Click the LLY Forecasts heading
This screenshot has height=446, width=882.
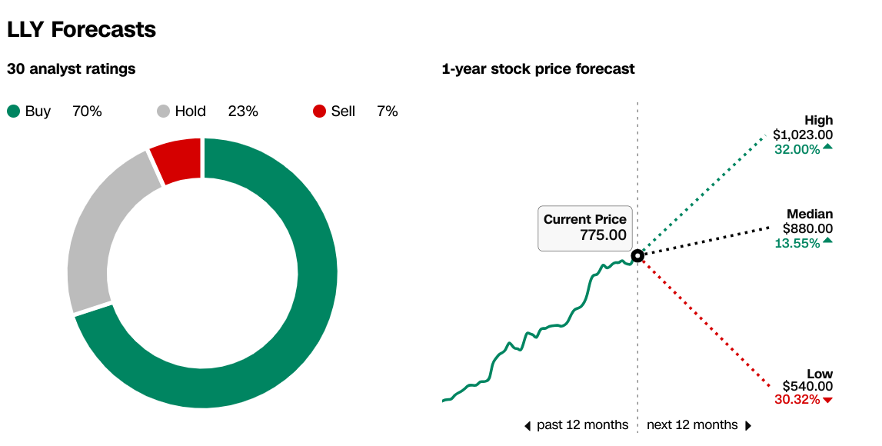coord(82,29)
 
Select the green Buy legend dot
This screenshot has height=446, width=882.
coord(14,111)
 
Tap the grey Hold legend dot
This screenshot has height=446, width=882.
coord(163,111)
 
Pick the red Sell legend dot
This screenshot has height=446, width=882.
coord(319,111)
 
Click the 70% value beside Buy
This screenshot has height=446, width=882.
coord(87,111)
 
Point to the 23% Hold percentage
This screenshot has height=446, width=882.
coord(243,111)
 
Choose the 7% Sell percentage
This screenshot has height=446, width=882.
coord(388,111)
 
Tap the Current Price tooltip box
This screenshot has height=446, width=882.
coord(585,228)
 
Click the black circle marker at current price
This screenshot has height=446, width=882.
coord(637,256)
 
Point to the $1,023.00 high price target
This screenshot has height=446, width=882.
coord(803,135)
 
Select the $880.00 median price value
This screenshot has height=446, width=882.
coord(807,228)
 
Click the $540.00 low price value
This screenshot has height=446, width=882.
coord(807,386)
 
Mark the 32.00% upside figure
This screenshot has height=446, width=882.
coord(797,150)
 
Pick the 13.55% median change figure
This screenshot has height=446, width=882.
coord(797,243)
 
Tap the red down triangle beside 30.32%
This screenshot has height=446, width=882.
coord(827,401)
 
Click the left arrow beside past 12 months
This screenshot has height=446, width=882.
coord(528,426)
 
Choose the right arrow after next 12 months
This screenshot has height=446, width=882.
coord(748,426)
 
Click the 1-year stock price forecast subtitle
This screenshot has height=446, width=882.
coord(538,69)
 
